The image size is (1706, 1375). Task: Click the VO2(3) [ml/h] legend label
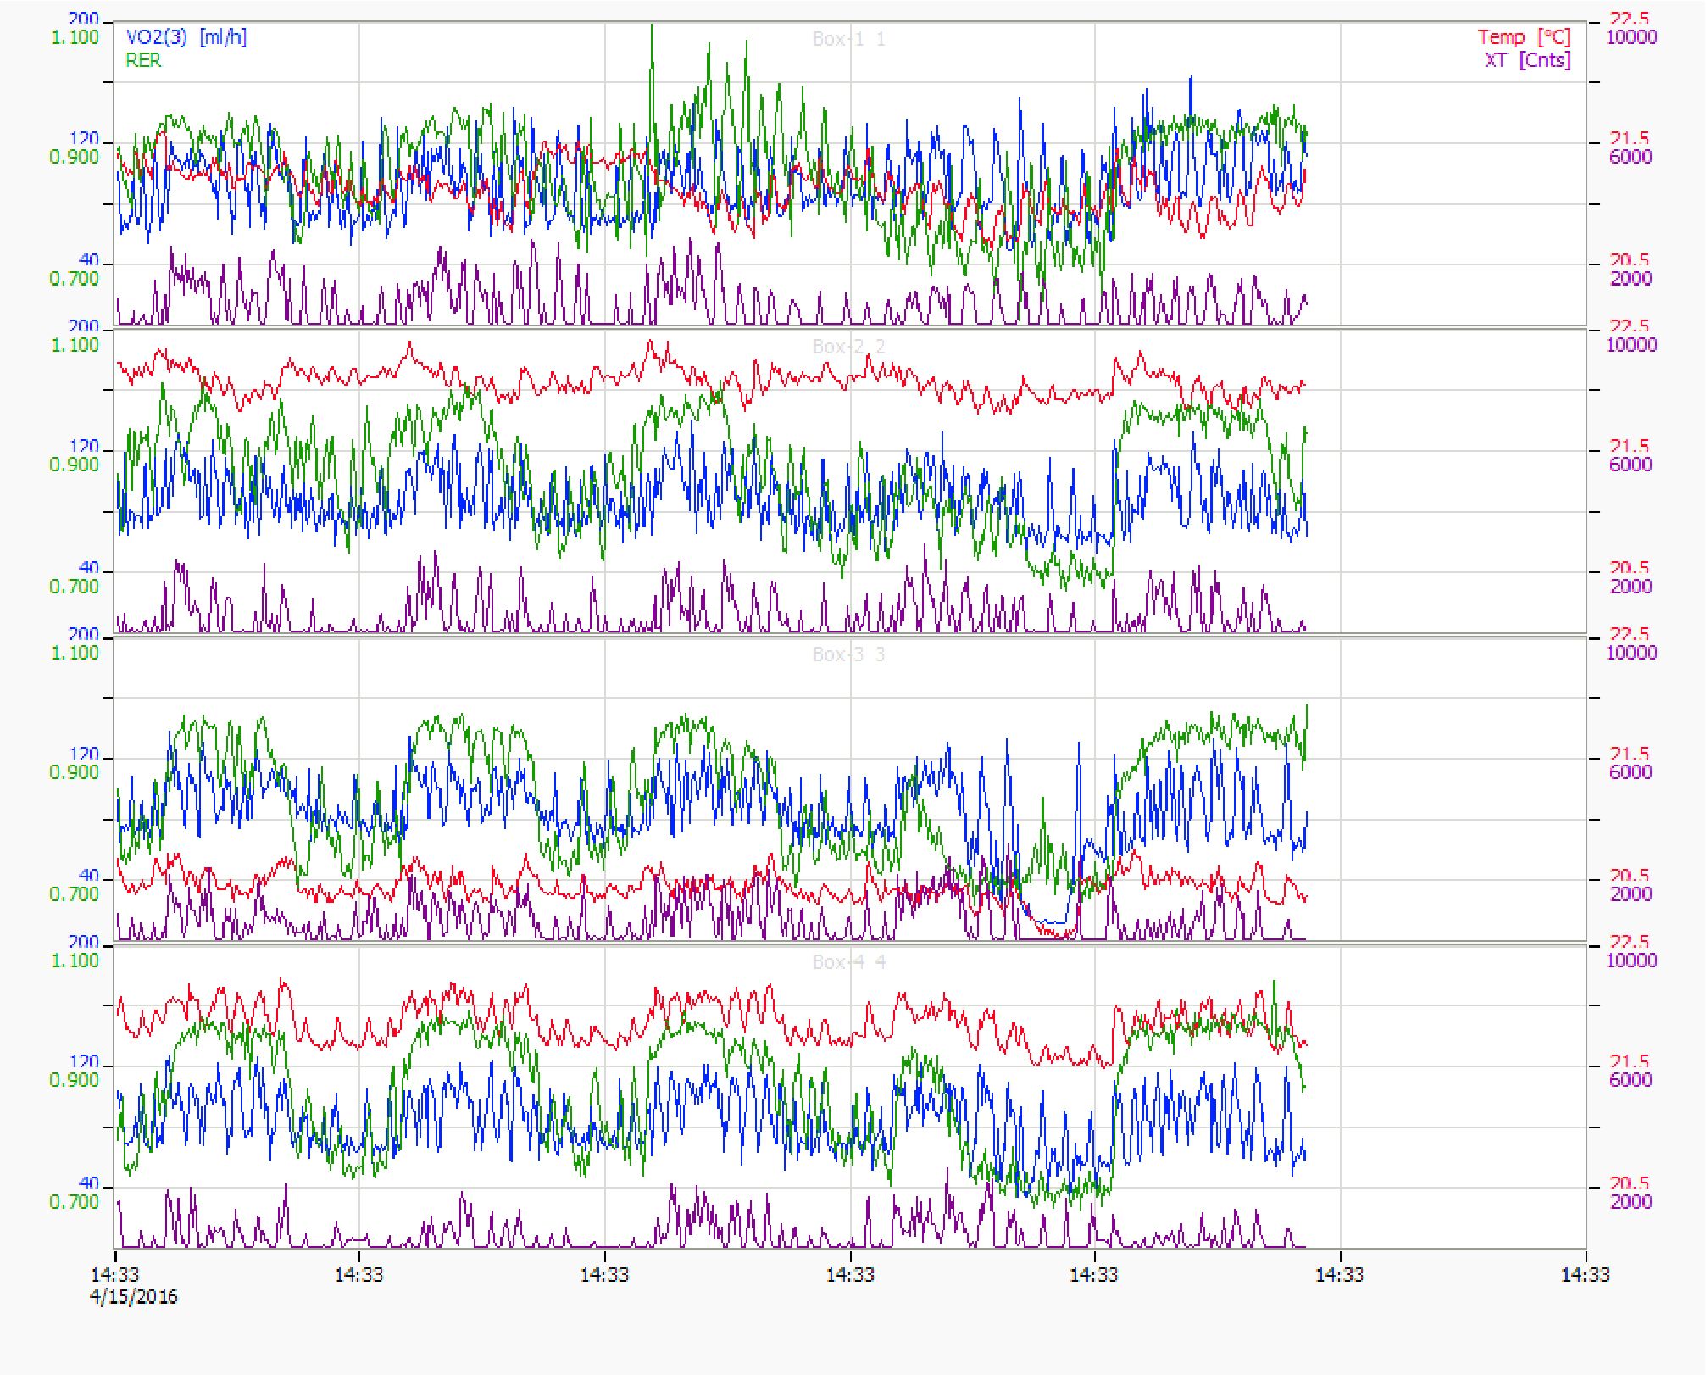pos(186,37)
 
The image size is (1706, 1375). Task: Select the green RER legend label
pos(143,60)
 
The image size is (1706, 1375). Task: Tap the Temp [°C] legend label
pos(1524,37)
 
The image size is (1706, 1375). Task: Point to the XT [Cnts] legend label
pos(1527,60)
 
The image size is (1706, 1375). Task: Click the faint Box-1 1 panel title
pos(848,39)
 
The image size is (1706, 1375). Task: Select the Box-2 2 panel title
pos(848,347)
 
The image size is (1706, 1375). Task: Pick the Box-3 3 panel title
pos(848,654)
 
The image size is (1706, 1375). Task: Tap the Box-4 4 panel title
pos(848,962)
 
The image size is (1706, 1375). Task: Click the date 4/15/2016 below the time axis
pos(134,1297)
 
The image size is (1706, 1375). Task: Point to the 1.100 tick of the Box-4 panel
pos(75,960)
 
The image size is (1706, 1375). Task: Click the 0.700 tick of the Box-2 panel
pos(75,586)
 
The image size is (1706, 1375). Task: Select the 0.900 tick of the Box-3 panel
pos(75,772)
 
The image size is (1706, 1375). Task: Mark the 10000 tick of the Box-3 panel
pos(1631,653)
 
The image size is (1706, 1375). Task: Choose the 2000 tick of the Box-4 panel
pos(1631,1201)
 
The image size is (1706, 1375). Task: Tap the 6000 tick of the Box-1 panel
pos(1631,157)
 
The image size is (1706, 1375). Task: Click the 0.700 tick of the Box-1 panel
pos(75,278)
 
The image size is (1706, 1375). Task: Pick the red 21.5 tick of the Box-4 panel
pos(1630,1061)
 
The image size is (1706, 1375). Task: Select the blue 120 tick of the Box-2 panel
pos(84,446)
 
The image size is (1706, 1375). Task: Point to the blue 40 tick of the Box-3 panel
pos(89,875)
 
